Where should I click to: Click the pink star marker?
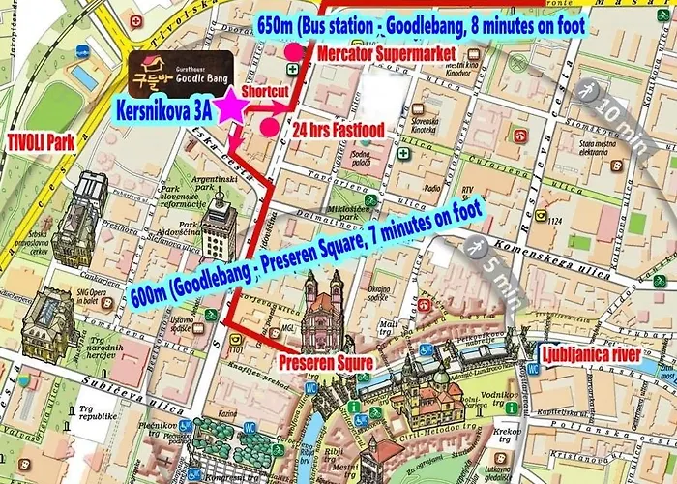click(231, 106)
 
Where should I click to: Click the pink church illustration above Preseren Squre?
click(323, 315)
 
